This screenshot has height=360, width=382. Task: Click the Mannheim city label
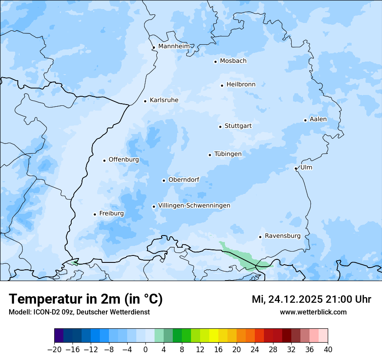174,46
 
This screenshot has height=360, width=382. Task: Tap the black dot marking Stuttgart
220,127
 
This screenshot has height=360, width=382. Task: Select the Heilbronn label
241,85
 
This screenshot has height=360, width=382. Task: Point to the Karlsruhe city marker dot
145,101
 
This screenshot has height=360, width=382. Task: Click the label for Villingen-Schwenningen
194,206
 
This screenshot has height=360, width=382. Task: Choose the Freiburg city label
112,213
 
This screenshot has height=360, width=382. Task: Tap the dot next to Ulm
296,168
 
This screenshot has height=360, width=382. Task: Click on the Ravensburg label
283,236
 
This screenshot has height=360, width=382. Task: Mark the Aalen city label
318,119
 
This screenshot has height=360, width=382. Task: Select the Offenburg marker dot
104,160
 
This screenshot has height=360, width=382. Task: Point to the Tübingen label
228,154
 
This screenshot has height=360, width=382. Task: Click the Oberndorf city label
184,180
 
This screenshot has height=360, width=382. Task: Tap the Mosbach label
233,61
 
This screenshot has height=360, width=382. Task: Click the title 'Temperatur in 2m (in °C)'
86,299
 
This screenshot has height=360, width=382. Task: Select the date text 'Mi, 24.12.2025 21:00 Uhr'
311,299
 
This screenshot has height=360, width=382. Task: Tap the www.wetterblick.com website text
313,312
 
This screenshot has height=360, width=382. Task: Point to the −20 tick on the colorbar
54,350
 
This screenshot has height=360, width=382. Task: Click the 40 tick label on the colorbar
328,350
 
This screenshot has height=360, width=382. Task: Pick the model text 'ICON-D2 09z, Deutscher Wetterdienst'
91,312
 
